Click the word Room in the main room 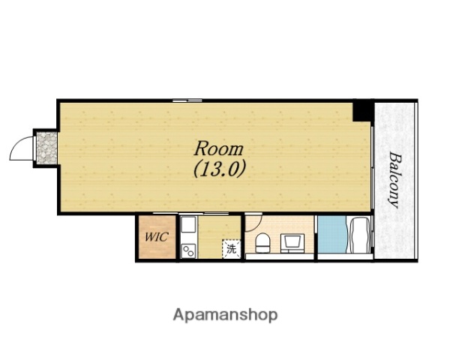219,149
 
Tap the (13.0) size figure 220,169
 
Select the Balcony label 394,180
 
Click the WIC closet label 157,237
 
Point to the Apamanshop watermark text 225,315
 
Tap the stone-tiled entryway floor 46,148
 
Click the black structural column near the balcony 362,110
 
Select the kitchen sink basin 188,225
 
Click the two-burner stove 188,250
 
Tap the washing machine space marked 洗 231,248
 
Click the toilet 262,243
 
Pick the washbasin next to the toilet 292,243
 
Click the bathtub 358,235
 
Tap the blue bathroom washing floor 333,235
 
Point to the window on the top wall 187,100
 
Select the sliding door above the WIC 165,213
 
